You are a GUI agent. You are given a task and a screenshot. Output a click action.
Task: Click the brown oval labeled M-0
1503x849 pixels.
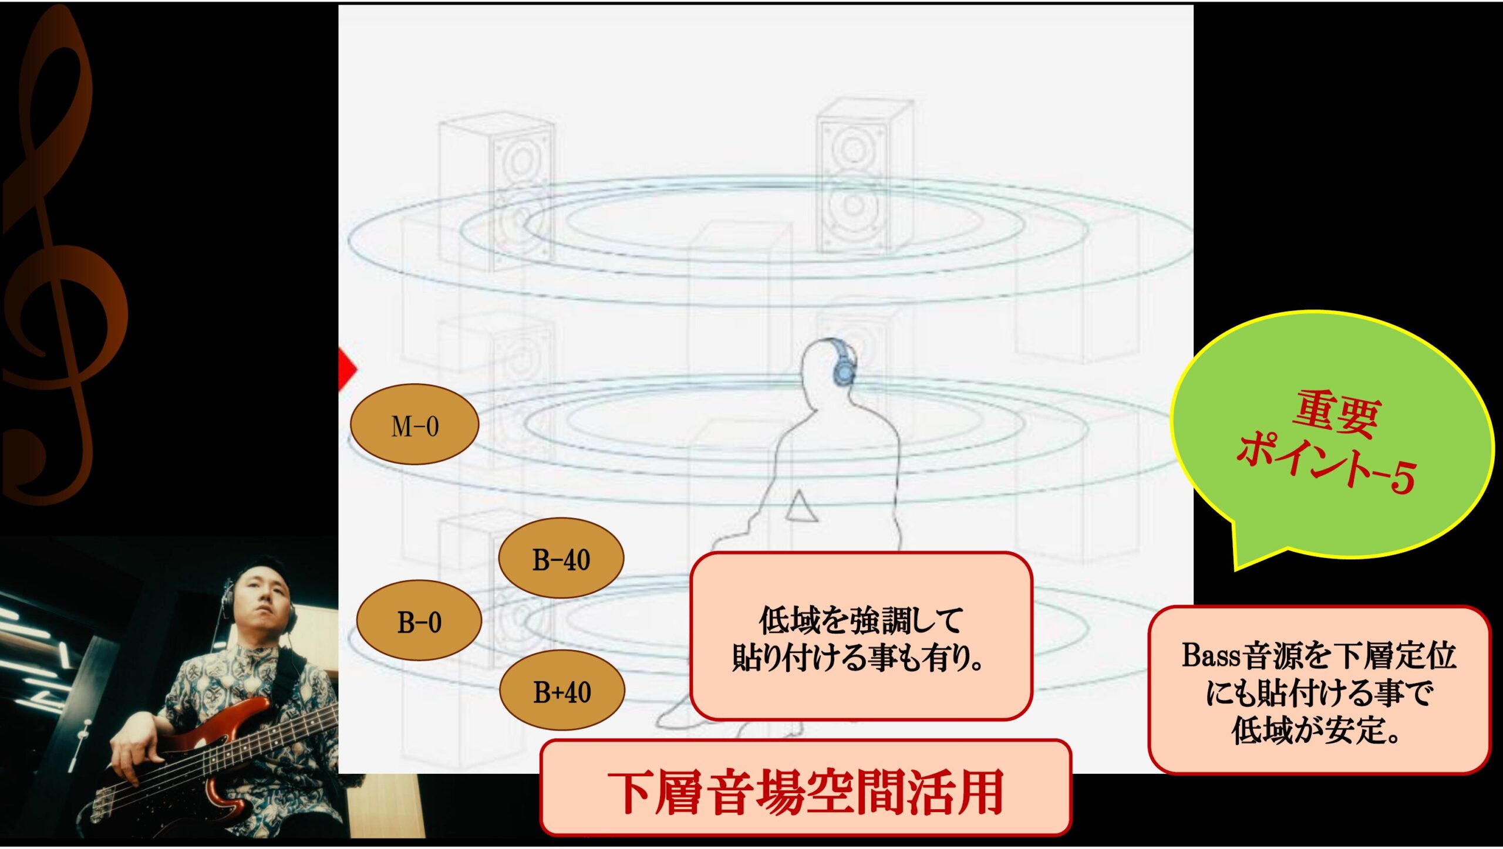pos(414,424)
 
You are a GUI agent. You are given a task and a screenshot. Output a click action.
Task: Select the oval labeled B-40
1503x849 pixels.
pos(561,558)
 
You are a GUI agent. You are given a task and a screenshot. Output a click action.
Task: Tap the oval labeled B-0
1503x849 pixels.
pos(419,621)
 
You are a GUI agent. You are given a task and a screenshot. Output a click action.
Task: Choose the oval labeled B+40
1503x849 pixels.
pos(562,691)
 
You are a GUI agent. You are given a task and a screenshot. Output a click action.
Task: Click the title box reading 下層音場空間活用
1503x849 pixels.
pos(806,788)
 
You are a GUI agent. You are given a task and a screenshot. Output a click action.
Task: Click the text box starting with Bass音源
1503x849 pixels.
pos(1319,691)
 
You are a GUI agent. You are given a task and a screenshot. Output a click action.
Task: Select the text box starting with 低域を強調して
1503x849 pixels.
pos(861,636)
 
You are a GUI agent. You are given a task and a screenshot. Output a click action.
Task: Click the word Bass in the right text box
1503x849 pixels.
pos(1212,655)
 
